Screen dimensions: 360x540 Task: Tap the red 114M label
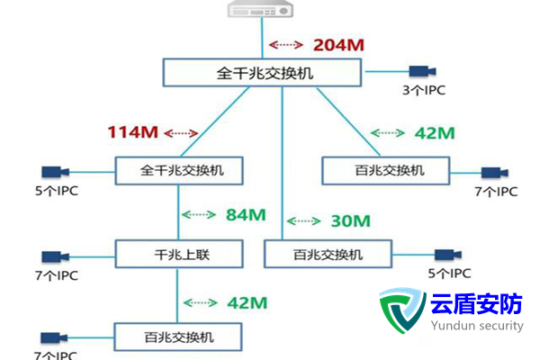pos(132,133)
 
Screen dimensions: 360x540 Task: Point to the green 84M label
pos(245,215)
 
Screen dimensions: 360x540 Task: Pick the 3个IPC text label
pos(424,90)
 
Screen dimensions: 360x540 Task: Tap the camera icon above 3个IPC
pos(421,70)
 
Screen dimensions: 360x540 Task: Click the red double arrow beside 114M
pos(179,133)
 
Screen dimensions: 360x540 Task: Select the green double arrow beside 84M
pos(201,215)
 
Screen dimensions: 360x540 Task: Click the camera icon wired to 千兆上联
pos(55,256)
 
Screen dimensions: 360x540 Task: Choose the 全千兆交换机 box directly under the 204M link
pos(265,73)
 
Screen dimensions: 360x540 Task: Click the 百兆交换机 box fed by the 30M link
pos(328,254)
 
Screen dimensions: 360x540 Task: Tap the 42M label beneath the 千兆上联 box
pos(245,301)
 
